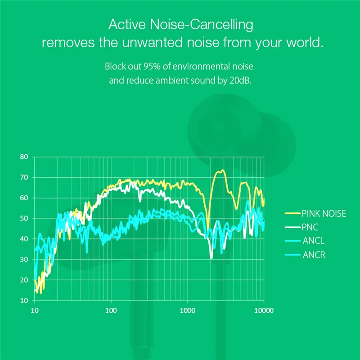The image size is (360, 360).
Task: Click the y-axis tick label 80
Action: click(24, 157)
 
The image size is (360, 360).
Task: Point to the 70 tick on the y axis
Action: click(24, 177)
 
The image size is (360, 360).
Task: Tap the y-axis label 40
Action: click(24, 239)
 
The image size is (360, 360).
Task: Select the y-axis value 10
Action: click(24, 301)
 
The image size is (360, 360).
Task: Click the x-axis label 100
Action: click(111, 310)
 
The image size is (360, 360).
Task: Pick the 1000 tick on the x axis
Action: click(187, 310)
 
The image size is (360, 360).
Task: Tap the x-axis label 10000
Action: click(264, 310)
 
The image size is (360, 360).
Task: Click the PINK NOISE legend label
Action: click(324, 213)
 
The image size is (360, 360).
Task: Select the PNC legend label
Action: click(310, 227)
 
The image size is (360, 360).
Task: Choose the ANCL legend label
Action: click(313, 241)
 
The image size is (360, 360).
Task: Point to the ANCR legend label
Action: click(314, 255)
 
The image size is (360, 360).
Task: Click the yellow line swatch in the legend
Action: click(293, 213)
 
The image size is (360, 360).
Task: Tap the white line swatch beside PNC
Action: click(293, 227)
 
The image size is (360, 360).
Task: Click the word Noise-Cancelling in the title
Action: click(201, 24)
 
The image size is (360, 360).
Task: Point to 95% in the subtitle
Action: click(152, 66)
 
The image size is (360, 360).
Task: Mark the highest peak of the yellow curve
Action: click(222, 170)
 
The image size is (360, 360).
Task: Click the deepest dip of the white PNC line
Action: click(211, 257)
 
